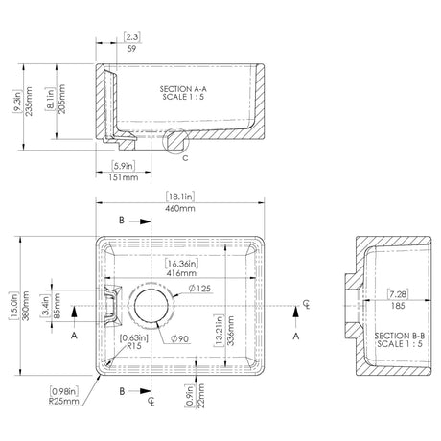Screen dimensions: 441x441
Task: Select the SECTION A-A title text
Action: pyautogui.click(x=181, y=92)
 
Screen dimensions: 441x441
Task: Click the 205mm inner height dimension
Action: pyautogui.click(x=61, y=95)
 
